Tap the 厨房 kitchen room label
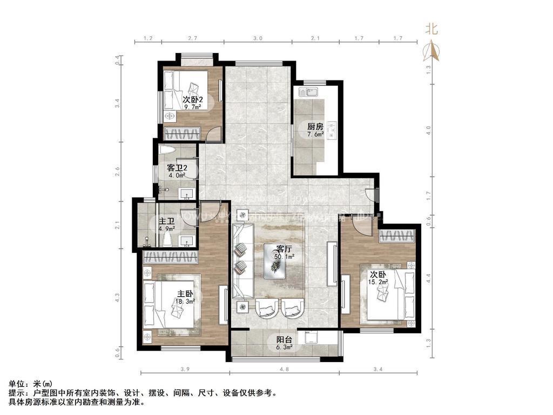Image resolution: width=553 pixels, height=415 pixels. [x=315, y=126]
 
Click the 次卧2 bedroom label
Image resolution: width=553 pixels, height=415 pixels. [x=192, y=100]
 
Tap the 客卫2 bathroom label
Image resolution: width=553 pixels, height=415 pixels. [x=177, y=168]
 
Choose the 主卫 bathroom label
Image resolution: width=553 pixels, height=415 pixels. [x=166, y=221]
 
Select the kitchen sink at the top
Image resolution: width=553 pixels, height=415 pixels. [x=311, y=92]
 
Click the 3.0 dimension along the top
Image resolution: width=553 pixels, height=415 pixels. [x=258, y=38]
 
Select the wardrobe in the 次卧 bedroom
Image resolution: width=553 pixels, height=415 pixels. [x=397, y=235]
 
